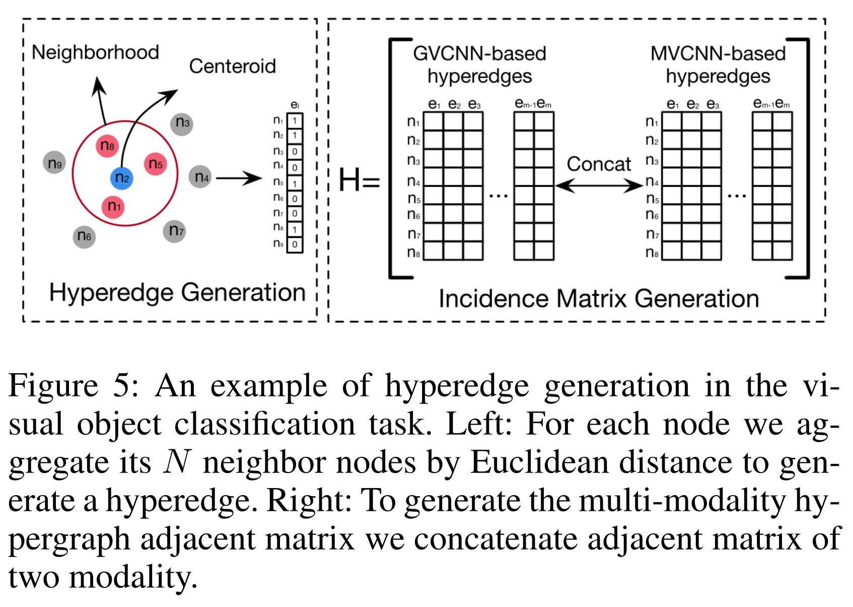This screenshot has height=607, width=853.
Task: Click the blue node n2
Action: [x=122, y=178]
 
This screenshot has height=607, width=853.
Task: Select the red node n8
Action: [x=107, y=146]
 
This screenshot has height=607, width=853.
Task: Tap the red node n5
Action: [x=155, y=164]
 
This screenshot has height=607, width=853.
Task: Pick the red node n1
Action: [x=113, y=207]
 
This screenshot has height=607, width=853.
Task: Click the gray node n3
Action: [x=182, y=123]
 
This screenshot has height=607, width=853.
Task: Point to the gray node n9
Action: [x=54, y=163]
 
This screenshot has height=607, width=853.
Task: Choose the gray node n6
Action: [x=84, y=236]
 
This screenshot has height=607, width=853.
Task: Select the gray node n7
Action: [x=175, y=231]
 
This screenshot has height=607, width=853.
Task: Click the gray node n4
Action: [x=200, y=177]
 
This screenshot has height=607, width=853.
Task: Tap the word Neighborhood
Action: [x=95, y=52]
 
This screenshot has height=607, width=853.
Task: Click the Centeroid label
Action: [x=232, y=66]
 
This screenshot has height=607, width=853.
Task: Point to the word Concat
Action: [x=598, y=164]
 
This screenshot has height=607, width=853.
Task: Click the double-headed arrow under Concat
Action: [x=599, y=186]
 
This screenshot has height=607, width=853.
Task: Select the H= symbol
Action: [x=359, y=180]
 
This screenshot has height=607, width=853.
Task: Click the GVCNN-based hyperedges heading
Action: [x=479, y=64]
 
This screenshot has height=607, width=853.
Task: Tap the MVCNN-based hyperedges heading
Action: [x=718, y=64]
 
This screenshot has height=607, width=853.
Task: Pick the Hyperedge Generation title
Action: [x=177, y=293]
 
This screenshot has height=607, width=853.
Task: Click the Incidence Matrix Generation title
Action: [x=599, y=299]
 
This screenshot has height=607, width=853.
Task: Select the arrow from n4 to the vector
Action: [x=239, y=178]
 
